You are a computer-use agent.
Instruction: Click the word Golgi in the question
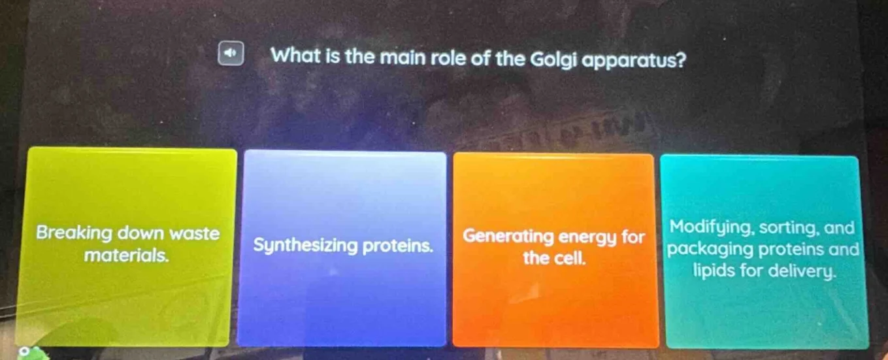click(x=555, y=58)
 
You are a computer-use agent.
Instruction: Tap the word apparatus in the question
click(x=638, y=59)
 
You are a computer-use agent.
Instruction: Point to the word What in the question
click(x=295, y=56)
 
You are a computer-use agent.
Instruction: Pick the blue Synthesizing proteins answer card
click(x=342, y=248)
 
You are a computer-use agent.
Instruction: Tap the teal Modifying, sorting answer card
click(x=763, y=252)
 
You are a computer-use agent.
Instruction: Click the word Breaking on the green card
click(x=74, y=233)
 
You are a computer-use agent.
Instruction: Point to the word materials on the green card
click(x=127, y=254)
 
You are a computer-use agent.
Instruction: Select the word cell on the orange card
click(x=568, y=258)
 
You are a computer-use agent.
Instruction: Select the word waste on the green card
click(x=195, y=233)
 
